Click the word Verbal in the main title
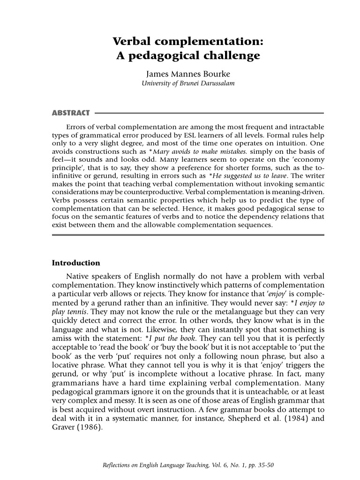[x=134, y=41]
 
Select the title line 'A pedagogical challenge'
[x=187, y=56]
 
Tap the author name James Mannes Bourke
[x=188, y=74]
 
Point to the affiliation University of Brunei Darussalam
[x=188, y=83]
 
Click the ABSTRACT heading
[x=70, y=113]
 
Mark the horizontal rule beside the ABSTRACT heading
[x=209, y=113]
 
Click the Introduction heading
[x=75, y=262]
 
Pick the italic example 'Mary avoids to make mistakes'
[x=207, y=151]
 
